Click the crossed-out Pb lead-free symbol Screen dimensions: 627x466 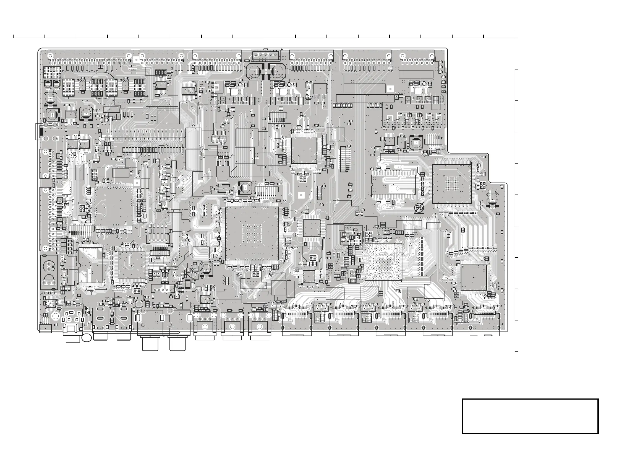coord(419,208)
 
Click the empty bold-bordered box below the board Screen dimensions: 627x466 coord(530,416)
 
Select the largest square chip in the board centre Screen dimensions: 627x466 coord(252,234)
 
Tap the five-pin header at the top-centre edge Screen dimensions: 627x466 coord(265,55)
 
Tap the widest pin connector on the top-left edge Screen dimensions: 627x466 coord(89,56)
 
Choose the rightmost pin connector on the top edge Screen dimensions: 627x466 coord(417,56)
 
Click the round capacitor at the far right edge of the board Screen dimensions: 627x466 coord(492,200)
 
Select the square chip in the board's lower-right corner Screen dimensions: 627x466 coord(474,277)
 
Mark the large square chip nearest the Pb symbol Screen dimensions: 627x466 coord(452,184)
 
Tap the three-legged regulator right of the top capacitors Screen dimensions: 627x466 coord(320,88)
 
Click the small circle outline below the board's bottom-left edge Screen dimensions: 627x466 coord(87,337)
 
